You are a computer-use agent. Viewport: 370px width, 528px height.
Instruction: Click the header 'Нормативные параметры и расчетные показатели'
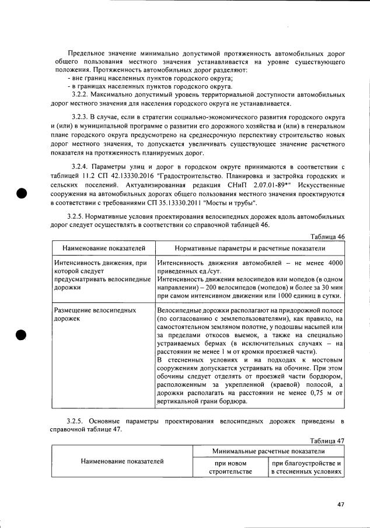(250, 249)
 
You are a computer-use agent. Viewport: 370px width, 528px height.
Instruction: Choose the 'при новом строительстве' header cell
(231, 467)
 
